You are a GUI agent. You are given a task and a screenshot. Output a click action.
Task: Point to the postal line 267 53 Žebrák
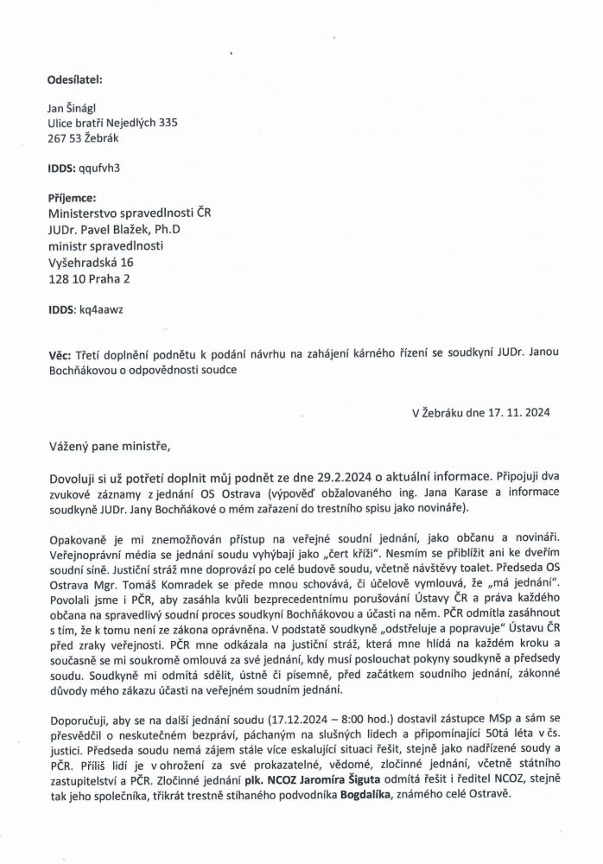(84, 137)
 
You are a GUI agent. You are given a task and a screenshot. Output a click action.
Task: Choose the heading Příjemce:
(72, 197)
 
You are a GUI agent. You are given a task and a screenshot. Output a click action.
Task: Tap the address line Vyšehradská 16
(91, 262)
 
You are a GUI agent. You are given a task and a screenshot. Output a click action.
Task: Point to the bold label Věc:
(61, 355)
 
